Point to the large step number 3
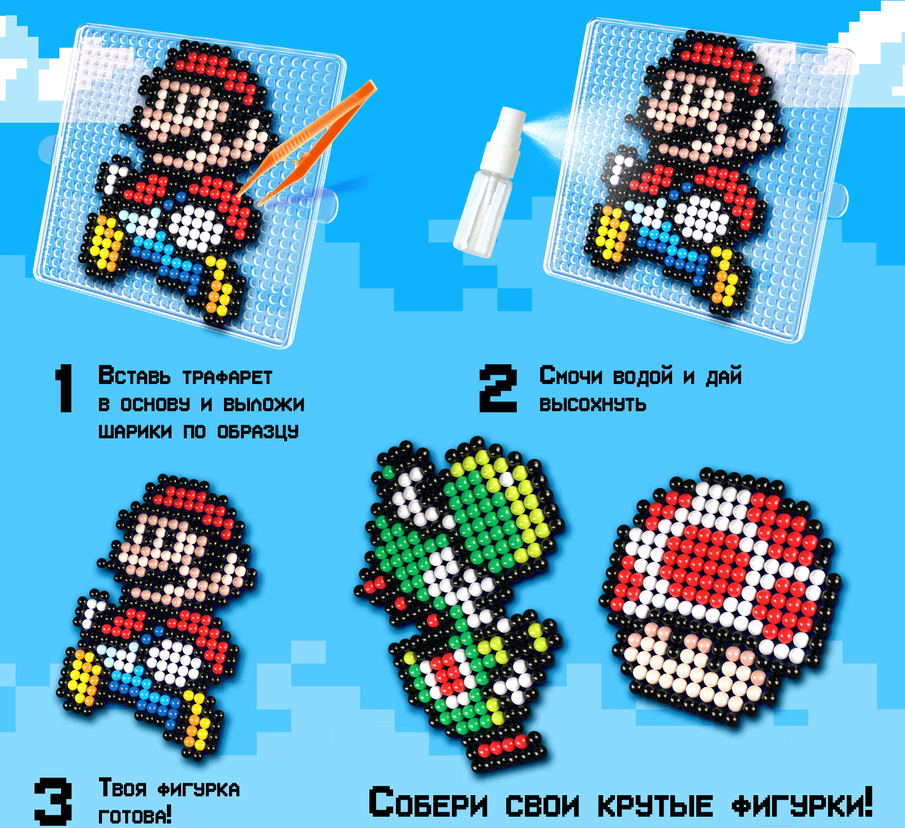pyautogui.click(x=53, y=801)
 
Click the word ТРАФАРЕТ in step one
pyautogui.click(x=227, y=377)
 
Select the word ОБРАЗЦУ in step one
pyautogui.click(x=258, y=432)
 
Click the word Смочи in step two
pyautogui.click(x=571, y=376)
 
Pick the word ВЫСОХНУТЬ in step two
pyautogui.click(x=592, y=404)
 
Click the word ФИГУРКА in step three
pyautogui.click(x=199, y=790)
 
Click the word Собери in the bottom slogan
pyautogui.click(x=428, y=803)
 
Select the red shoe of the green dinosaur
pyautogui.click(x=505, y=745)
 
